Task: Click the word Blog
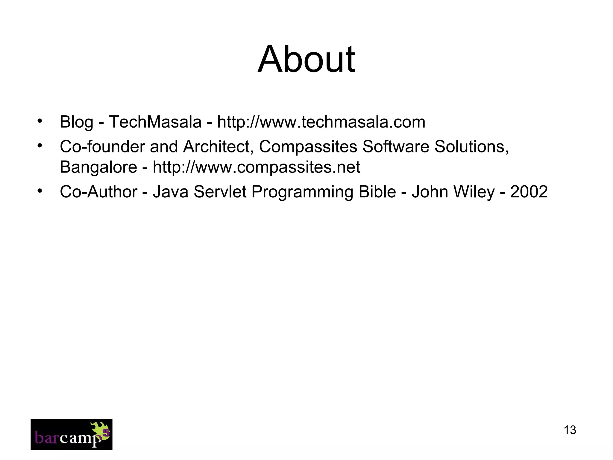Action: point(76,122)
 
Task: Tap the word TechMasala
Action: point(155,122)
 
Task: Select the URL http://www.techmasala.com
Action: point(321,122)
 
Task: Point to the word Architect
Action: point(218,147)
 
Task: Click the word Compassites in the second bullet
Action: point(308,147)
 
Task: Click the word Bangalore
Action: point(98,167)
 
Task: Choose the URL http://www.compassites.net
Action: point(256,167)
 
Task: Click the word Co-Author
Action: point(98,192)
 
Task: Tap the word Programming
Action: point(302,192)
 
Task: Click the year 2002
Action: point(529,192)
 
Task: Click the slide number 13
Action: point(570,430)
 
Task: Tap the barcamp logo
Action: point(72,434)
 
